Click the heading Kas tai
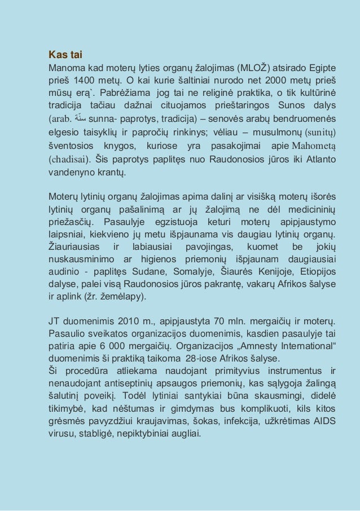(x=65, y=55)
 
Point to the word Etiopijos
(x=317, y=271)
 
